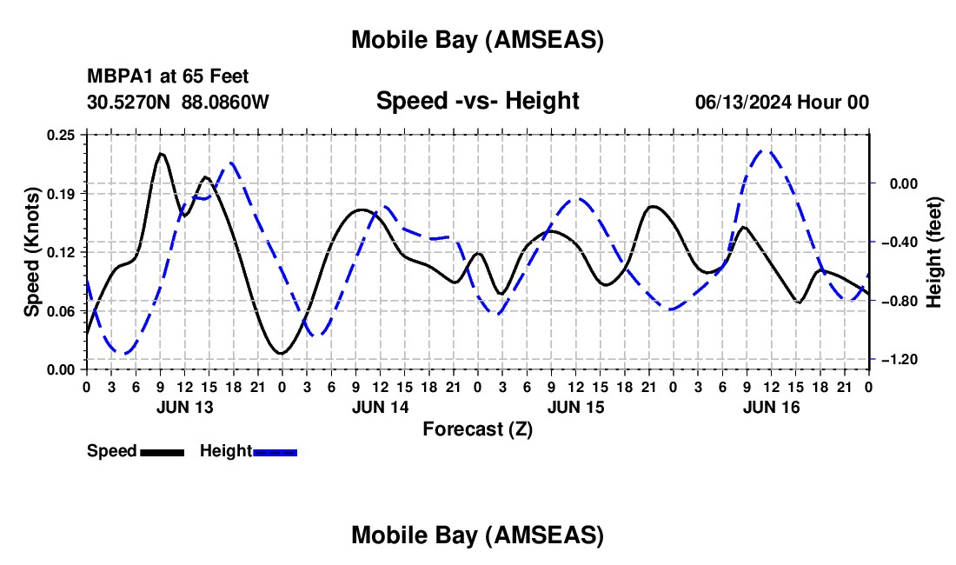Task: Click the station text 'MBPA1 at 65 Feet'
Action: (168, 77)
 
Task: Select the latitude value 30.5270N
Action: (129, 102)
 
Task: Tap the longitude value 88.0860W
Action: (225, 102)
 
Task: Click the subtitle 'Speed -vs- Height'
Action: (477, 101)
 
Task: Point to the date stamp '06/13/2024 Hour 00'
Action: (781, 103)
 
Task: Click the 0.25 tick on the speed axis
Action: (62, 135)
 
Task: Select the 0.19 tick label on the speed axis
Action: (62, 193)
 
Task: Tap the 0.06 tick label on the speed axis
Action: (62, 310)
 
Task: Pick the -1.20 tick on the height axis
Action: (900, 360)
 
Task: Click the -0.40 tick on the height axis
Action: (900, 243)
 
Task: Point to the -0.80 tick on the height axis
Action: (900, 301)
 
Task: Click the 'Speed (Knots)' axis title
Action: (31, 252)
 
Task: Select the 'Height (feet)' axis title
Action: (934, 252)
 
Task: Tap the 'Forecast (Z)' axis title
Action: (477, 429)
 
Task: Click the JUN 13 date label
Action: (185, 407)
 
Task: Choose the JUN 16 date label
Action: (771, 407)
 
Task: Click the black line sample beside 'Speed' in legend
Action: (162, 451)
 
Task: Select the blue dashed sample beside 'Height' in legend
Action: (276, 451)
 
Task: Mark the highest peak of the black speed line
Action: (161, 154)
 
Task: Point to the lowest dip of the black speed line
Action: (281, 353)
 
